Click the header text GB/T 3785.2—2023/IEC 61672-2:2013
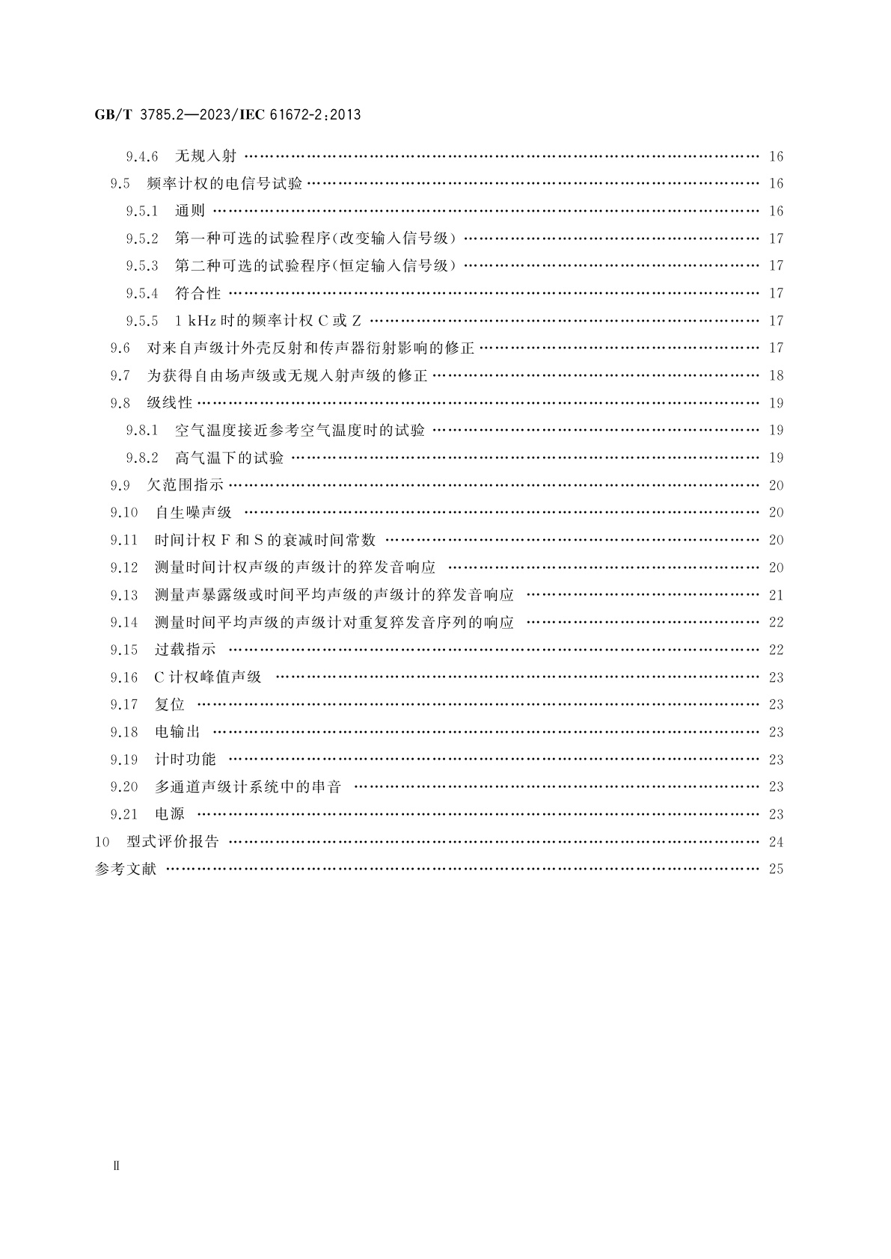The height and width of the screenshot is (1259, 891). (227, 115)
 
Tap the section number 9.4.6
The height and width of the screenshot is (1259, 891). (142, 156)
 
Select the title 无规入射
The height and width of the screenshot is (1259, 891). (206, 156)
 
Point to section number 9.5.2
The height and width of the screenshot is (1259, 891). (142, 238)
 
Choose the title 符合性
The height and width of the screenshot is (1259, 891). (198, 293)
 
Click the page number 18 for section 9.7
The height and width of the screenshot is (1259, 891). (776, 375)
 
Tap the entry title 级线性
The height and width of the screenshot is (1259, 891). (170, 403)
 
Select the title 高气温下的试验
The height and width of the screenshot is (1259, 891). (230, 458)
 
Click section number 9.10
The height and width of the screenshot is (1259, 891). (124, 513)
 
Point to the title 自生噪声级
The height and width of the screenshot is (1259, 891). (193, 512)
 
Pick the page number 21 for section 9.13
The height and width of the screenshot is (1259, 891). (776, 595)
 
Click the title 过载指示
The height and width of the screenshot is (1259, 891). (185, 650)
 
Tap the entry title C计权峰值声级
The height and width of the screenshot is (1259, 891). (208, 677)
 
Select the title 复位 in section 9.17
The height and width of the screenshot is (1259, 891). (170, 704)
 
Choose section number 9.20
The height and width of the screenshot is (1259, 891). (124, 787)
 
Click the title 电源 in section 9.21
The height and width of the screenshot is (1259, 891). (170, 814)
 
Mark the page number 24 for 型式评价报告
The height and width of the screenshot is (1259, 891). (776, 842)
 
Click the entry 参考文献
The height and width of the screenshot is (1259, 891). (126, 869)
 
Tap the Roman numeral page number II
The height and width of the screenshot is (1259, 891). (115, 1166)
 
